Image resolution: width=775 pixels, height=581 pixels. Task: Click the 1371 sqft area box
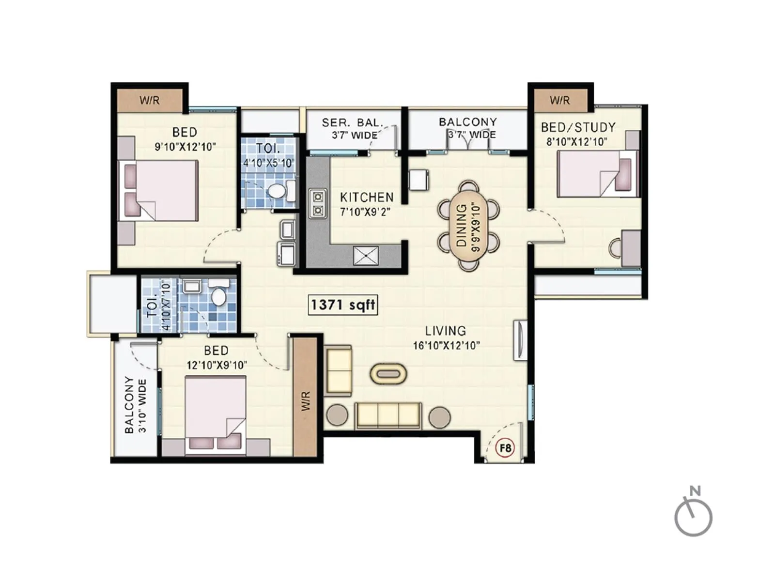point(342,305)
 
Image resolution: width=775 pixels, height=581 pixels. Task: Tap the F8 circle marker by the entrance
point(505,448)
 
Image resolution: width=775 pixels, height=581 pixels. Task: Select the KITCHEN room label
point(367,197)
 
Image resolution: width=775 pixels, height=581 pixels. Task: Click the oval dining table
point(468,226)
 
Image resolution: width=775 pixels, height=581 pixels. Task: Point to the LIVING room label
point(446,331)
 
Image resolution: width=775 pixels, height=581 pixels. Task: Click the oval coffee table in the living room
point(388,374)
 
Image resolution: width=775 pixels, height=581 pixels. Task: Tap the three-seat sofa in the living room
point(387,415)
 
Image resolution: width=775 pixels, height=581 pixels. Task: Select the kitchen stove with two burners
point(318,203)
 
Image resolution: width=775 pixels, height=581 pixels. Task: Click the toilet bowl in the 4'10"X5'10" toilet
point(277,190)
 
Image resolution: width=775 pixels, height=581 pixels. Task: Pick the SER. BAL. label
point(352,123)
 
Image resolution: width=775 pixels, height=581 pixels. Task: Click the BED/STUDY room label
point(578,127)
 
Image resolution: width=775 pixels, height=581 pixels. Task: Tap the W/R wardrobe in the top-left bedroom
point(149,100)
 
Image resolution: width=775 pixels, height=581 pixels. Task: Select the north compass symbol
point(694,514)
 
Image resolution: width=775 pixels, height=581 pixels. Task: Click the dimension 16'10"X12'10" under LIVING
point(446,346)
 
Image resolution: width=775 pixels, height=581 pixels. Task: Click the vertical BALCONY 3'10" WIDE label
point(136,405)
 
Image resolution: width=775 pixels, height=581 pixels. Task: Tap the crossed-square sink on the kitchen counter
point(366,256)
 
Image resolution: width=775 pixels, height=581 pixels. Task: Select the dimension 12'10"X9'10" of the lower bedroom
point(217,365)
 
